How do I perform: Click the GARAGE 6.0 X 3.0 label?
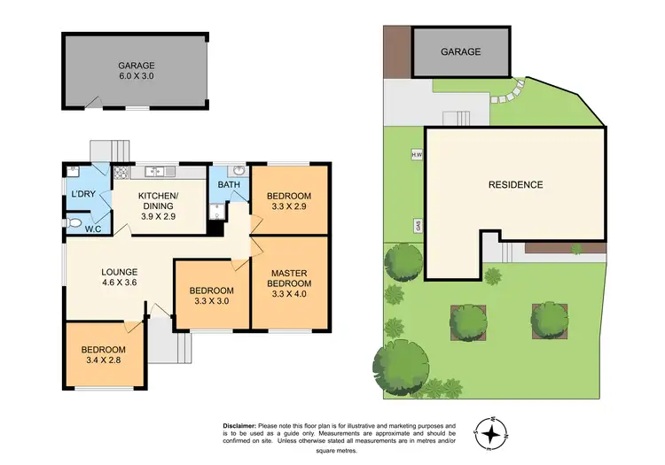pyautogui.click(x=137, y=70)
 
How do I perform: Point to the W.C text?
pyautogui.click(x=92, y=229)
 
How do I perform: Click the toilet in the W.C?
pyautogui.click(x=74, y=223)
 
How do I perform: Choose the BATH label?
pyautogui.click(x=228, y=184)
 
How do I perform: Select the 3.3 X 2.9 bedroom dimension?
pyautogui.click(x=289, y=206)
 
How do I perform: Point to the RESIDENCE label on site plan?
pyautogui.click(x=515, y=185)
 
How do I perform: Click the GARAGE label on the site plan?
pyautogui.click(x=461, y=51)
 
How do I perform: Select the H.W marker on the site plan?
pyautogui.click(x=415, y=156)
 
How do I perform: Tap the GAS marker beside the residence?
pyautogui.click(x=415, y=225)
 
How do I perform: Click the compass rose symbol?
pyautogui.click(x=492, y=431)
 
